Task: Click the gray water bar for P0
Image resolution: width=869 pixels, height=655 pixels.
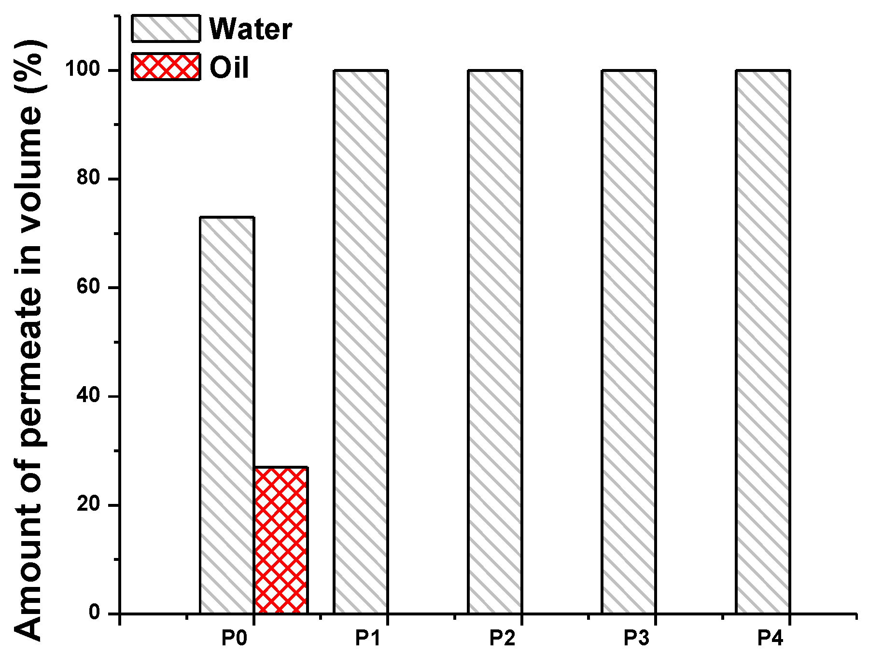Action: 227,415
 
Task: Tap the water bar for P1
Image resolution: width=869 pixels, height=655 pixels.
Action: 361,342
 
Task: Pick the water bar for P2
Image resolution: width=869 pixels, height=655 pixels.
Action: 495,342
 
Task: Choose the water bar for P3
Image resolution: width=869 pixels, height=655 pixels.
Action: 629,342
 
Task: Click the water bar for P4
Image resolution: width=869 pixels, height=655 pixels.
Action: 763,342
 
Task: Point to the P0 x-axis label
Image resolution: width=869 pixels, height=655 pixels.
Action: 234,638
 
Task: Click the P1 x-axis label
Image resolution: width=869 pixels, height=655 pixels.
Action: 368,638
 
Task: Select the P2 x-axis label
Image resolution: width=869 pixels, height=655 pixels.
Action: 503,638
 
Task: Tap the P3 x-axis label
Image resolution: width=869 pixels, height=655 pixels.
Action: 636,638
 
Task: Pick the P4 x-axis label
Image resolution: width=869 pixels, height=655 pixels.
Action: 771,638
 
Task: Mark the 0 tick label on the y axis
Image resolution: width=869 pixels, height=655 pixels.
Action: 94,613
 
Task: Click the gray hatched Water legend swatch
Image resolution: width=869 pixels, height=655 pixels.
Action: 166,28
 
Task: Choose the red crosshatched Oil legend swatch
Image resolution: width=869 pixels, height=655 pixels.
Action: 166,67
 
